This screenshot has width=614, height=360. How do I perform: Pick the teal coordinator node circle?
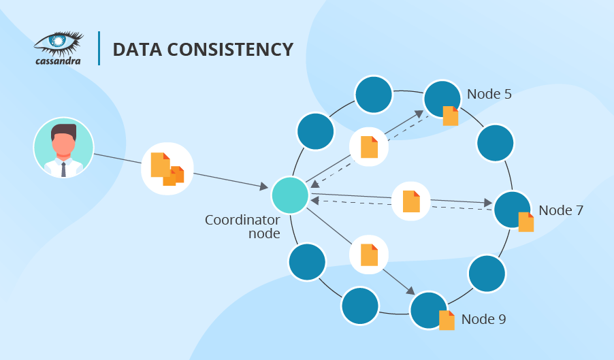pyautogui.click(x=290, y=195)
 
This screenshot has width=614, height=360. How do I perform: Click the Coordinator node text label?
pyautogui.click(x=242, y=227)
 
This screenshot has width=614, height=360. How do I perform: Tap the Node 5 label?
pyautogui.click(x=489, y=94)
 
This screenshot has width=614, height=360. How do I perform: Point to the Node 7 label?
pyautogui.click(x=560, y=210)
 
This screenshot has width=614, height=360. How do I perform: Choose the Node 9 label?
pyautogui.click(x=483, y=318)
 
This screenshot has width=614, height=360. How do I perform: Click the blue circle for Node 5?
pyautogui.click(x=441, y=99)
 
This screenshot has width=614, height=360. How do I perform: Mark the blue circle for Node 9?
pyautogui.click(x=427, y=310)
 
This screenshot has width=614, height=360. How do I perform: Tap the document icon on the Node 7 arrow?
pyautogui.click(x=411, y=201)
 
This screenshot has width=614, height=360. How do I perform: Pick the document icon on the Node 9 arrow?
pyautogui.click(x=369, y=255)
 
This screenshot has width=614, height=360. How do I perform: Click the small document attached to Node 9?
pyautogui.click(x=447, y=320)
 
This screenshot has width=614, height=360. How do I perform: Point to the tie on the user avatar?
pyautogui.click(x=63, y=168)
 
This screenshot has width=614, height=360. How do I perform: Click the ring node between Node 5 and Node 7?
pyautogui.click(x=495, y=142)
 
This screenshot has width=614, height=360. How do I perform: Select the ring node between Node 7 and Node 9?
pyautogui.click(x=487, y=274)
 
